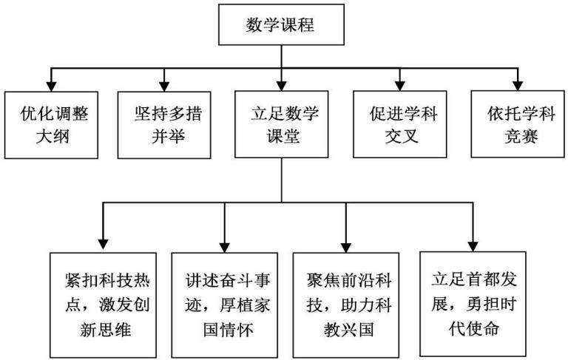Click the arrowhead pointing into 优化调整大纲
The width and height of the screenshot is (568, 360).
coord(52,86)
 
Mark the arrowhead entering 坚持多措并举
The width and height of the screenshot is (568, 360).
coord(164,86)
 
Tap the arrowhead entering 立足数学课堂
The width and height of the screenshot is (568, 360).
coord(282,86)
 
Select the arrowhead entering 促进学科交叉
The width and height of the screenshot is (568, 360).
coord(400,86)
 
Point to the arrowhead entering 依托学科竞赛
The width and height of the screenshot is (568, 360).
coord(518,86)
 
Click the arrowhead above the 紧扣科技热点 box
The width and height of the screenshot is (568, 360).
coord(104,245)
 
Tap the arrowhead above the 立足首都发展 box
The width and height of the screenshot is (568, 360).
coord(473,246)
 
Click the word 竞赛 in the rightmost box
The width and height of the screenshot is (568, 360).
coord(521,136)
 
